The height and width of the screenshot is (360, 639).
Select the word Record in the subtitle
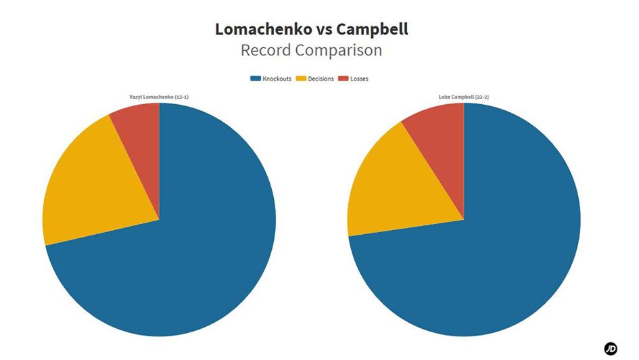point(268,51)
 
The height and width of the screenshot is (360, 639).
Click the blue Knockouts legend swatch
point(255,78)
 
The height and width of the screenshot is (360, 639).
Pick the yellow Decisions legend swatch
point(302,78)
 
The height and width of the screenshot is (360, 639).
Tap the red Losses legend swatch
point(344,78)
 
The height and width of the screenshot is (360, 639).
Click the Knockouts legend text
point(277,78)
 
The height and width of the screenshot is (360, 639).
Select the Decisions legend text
point(321,78)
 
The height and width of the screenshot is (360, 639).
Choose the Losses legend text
point(359,78)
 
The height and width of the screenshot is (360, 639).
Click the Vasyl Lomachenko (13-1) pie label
point(159,97)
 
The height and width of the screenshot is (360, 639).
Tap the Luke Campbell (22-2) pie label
point(464,97)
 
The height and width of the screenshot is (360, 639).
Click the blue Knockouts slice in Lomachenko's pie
point(189,257)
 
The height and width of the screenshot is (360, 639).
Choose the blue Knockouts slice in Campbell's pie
point(494,257)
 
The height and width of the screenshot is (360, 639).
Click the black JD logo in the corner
point(611,348)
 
